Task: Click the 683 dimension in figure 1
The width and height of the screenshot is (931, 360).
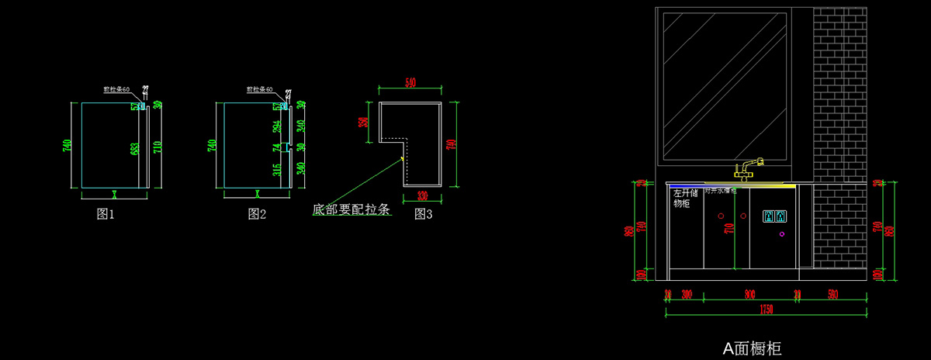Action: coord(135,148)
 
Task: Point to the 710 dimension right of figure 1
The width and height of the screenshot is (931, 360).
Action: coord(157,147)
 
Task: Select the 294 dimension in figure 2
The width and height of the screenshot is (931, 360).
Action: coord(277,125)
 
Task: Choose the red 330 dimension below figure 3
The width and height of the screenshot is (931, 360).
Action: coord(423,196)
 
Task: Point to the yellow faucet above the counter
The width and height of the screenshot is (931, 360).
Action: coord(749,168)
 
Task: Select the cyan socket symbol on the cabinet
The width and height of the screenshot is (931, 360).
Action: coord(776,216)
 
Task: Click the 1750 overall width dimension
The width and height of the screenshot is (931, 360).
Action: coord(767,310)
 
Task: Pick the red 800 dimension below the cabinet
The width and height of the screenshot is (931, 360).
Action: coord(749,295)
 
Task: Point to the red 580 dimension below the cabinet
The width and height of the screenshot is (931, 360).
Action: coord(832,295)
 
